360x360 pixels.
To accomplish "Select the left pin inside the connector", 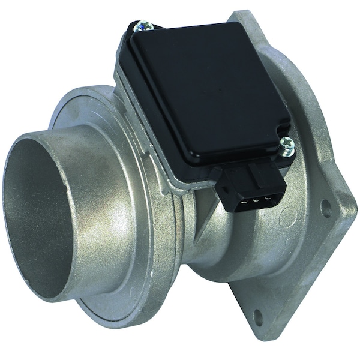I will (x=244, y=202).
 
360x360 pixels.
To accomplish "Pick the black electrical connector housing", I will (x=252, y=186).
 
